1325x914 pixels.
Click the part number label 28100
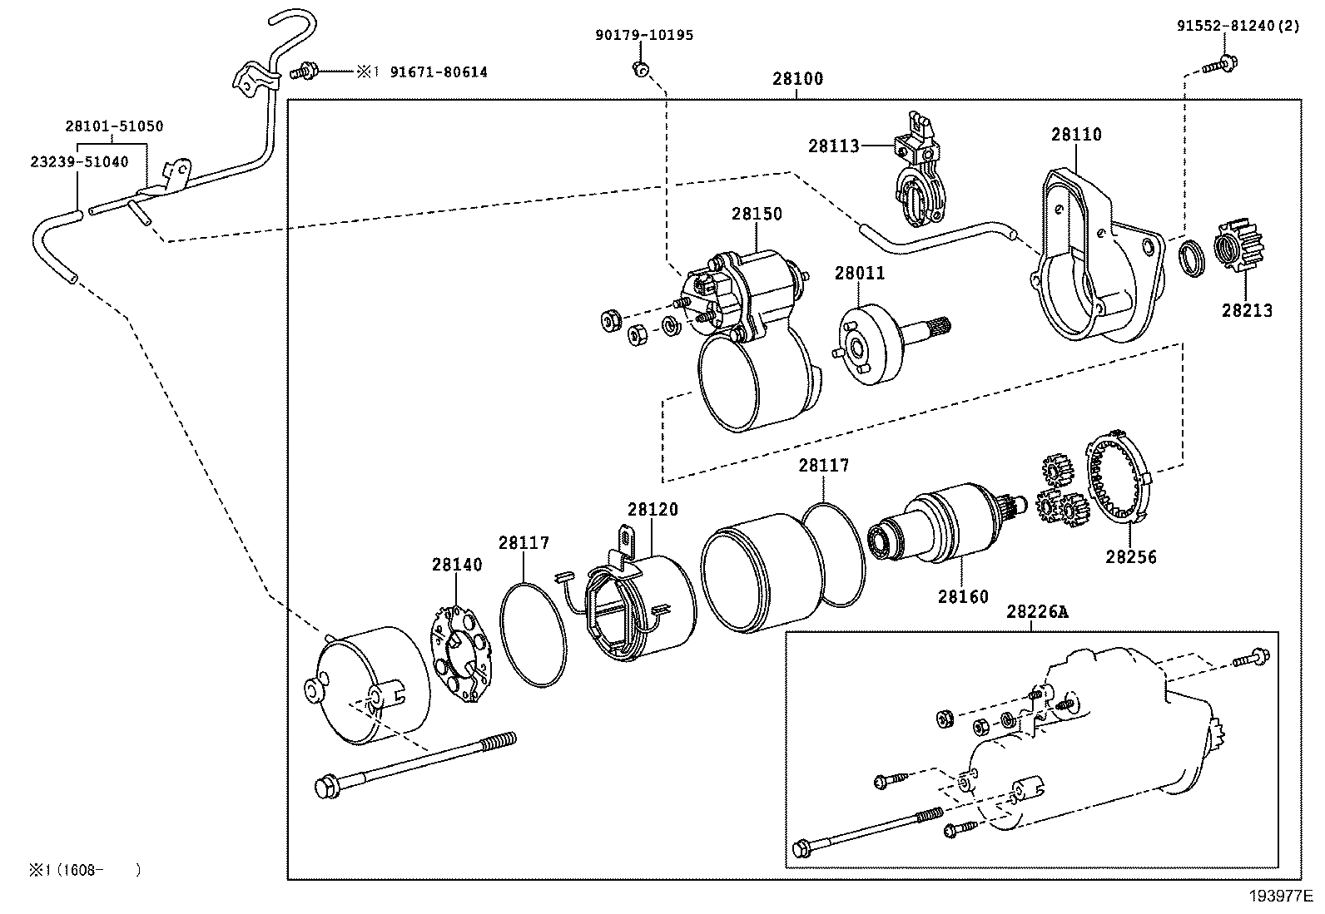click(x=797, y=79)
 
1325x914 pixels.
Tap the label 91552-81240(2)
click(x=1237, y=26)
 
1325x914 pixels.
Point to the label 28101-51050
click(x=114, y=126)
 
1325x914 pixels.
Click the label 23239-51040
click(x=79, y=162)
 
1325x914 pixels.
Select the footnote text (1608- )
click(x=83, y=870)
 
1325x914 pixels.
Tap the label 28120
click(x=653, y=509)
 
